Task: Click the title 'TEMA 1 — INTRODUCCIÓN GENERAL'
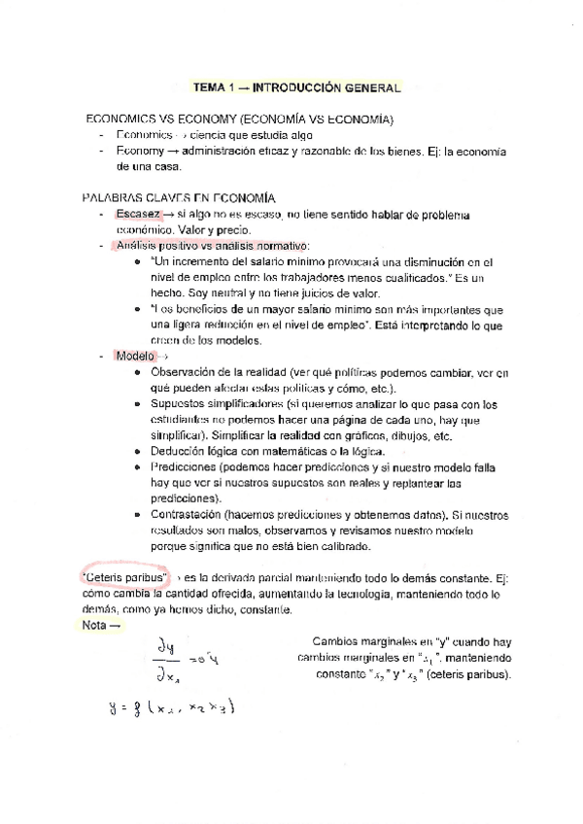click(x=296, y=87)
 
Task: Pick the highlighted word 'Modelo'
click(x=135, y=356)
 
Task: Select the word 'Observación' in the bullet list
click(x=190, y=372)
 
